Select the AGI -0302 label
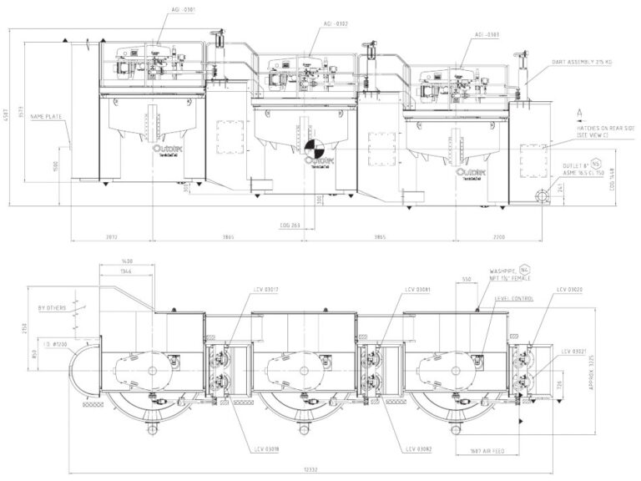[336, 26]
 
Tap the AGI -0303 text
[487, 34]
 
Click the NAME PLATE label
[46, 116]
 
